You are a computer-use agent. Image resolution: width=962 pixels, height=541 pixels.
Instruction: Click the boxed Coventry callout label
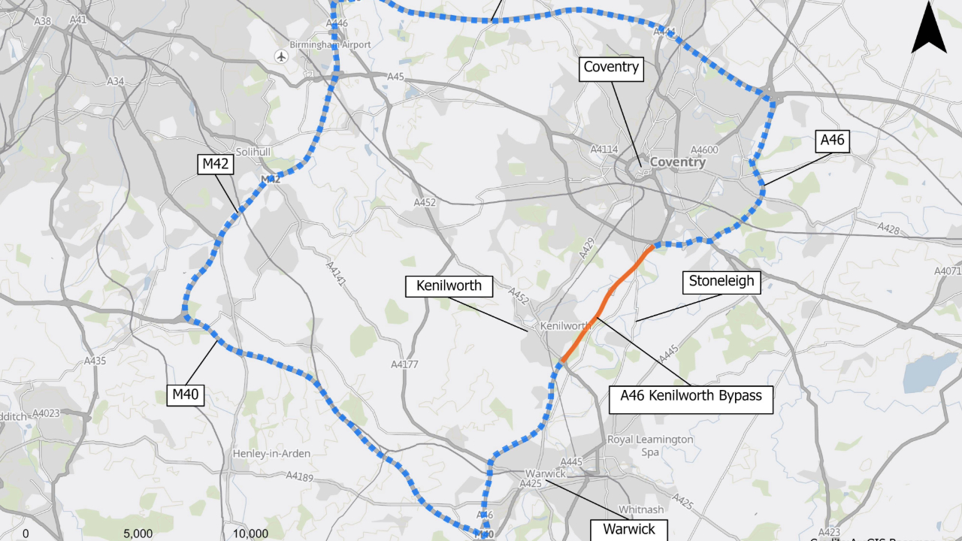point(611,67)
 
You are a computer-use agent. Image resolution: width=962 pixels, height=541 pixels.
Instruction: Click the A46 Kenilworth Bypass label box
point(691,395)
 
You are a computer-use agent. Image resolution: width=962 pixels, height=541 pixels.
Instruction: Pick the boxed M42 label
point(215,164)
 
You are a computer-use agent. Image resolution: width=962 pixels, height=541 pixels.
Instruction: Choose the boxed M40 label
point(186,394)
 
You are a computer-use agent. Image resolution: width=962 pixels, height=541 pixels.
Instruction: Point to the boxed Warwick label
point(628,530)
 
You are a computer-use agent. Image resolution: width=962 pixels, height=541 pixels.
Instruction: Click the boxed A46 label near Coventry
point(833,141)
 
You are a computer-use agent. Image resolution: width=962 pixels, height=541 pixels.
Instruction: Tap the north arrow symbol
point(929,29)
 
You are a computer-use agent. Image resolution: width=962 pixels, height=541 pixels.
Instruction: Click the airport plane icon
point(282,56)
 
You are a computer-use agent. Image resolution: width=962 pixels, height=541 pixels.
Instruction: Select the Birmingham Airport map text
point(331,45)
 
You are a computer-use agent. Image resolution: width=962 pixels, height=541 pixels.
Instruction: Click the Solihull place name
point(253,151)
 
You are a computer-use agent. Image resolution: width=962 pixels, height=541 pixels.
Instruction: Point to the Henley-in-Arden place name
point(271,454)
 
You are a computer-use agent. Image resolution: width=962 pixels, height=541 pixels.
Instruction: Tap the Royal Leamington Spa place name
point(650,446)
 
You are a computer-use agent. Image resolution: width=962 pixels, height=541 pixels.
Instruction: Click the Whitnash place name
point(637,509)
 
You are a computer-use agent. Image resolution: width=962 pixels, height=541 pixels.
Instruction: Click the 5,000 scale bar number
point(138,533)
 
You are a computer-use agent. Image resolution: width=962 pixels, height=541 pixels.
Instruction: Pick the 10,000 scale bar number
point(250,533)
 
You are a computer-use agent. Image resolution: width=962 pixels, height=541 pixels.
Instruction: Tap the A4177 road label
point(404,364)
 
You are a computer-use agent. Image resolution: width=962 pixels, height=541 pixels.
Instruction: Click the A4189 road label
point(299,476)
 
